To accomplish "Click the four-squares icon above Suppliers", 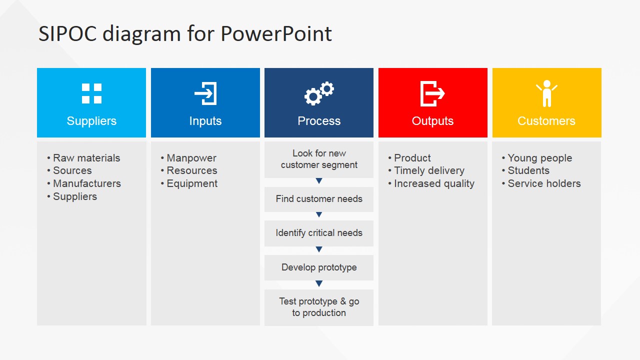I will pos(91,93).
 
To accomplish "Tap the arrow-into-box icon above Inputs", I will pos(205,93).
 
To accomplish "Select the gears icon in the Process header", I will pos(319,93).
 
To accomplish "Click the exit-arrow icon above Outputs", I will pos(432,93).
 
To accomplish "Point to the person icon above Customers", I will pos(546,93).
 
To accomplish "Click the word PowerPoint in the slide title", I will pos(276,34).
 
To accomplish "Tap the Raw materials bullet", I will pos(86,158).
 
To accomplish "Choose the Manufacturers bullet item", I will pos(86,183).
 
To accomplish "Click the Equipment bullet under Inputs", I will pos(192,183).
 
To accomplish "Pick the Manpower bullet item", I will pos(191,158).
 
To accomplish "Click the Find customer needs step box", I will pos(319,199).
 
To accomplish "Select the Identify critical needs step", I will pos(319,233).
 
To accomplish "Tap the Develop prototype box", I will pos(319,267).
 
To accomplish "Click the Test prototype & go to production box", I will pos(319,307).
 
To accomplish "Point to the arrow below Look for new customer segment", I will pos(319,181).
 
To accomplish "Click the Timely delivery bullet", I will pos(429,170).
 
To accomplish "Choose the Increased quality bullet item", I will pos(434,183).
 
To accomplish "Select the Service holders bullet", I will pos(544,183).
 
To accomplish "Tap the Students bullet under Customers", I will pos(528,170).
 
